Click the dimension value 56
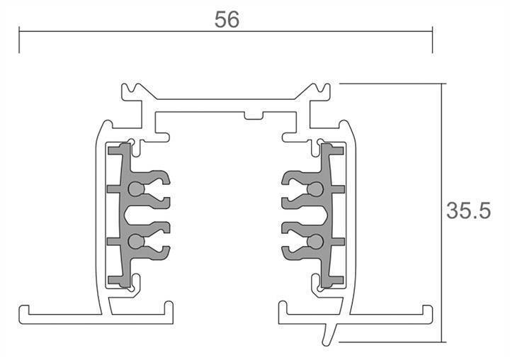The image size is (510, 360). pyautogui.click(x=227, y=19)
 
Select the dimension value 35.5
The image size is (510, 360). pyautogui.click(x=468, y=210)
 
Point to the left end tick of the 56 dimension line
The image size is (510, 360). pyautogui.click(x=19, y=41)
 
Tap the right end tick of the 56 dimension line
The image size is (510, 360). pyautogui.click(x=432, y=41)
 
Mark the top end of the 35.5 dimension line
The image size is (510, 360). pyautogui.click(x=444, y=84)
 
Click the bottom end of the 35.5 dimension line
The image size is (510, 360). pyautogui.click(x=444, y=341)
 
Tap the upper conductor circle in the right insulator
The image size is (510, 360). pyautogui.click(x=316, y=189)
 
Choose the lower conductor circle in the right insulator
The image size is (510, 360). pyautogui.click(x=316, y=242)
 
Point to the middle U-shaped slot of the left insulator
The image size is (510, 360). pyautogui.click(x=152, y=215)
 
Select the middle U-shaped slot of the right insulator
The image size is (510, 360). pyautogui.click(x=298, y=215)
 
